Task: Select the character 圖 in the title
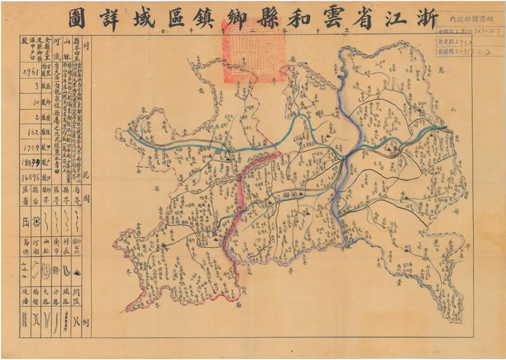click(x=78, y=17)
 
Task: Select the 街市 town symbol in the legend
click(x=56, y=271)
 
